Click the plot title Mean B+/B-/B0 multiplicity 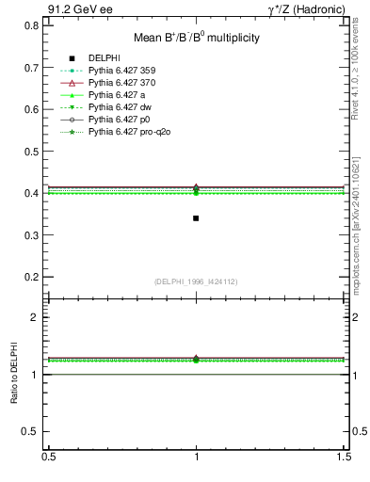(196, 38)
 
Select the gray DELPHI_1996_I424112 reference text (196, 281)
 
